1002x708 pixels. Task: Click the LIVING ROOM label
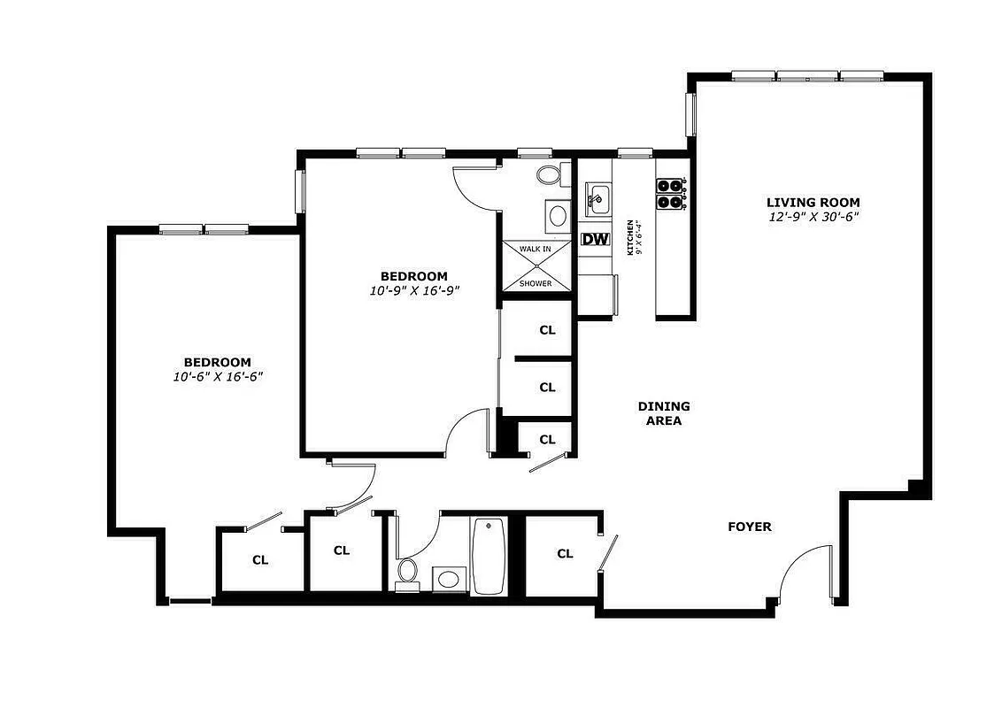click(x=813, y=202)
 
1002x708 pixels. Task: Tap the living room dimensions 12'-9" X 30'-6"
click(x=813, y=216)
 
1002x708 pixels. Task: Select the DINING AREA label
click(x=664, y=413)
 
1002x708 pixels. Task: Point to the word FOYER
click(x=750, y=527)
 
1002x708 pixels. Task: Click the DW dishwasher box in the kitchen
click(x=595, y=239)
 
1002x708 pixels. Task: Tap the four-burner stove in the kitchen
click(x=671, y=193)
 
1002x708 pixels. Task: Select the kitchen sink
click(x=597, y=198)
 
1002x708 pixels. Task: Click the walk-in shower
click(x=536, y=265)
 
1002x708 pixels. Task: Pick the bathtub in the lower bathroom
click(x=488, y=556)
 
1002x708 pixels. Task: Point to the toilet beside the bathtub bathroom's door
click(x=408, y=570)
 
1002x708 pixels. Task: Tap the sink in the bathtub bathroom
click(x=449, y=580)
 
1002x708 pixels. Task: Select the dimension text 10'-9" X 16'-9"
click(x=414, y=290)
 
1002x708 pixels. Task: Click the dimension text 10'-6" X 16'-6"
click(x=218, y=376)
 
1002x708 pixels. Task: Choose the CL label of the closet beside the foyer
click(x=565, y=554)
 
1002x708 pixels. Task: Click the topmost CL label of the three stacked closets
click(x=547, y=330)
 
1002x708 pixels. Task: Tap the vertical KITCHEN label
click(x=630, y=237)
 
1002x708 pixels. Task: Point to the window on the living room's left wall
click(x=692, y=115)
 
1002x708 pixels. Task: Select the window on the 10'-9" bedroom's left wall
click(x=300, y=190)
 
